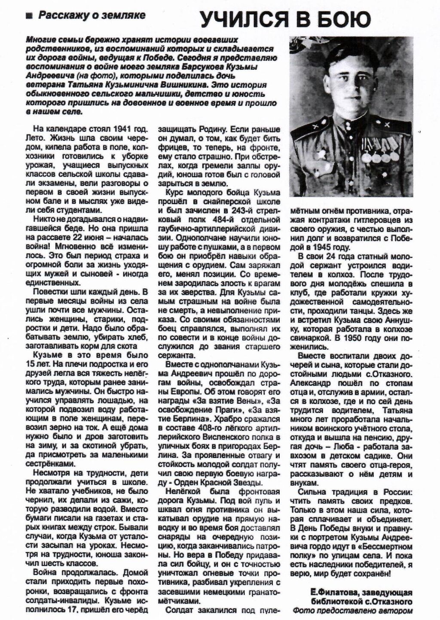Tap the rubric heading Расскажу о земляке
click(92, 16)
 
